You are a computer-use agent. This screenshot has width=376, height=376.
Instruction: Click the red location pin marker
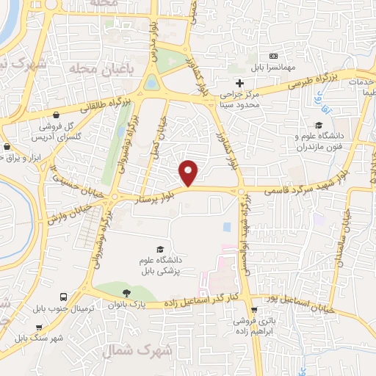click(x=189, y=173)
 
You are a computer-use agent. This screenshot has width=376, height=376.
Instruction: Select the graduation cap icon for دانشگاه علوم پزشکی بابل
click(x=160, y=250)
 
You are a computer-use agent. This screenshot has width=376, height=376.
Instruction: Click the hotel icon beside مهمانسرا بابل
click(x=274, y=56)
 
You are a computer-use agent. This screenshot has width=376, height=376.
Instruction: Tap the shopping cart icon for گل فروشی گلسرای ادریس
click(x=36, y=126)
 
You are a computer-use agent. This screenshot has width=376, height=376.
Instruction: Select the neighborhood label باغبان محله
click(x=88, y=68)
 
